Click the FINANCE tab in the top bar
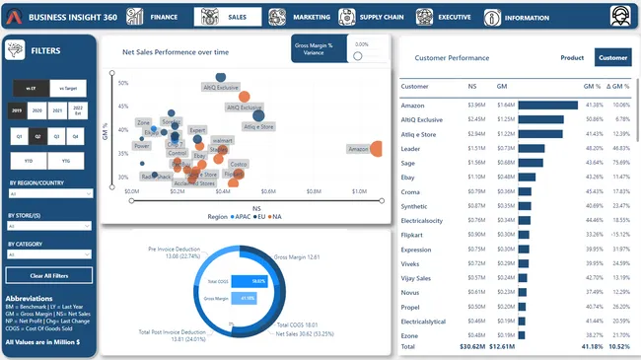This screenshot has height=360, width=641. (x=157, y=17)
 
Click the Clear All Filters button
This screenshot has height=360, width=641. (x=49, y=275)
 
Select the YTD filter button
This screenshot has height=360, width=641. (x=31, y=159)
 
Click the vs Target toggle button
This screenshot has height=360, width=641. (x=70, y=88)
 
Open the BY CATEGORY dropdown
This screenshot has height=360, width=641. (x=49, y=254)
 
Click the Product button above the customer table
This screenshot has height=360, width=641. (x=572, y=58)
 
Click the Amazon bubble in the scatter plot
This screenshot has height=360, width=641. (x=376, y=149)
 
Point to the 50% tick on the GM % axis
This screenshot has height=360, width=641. (x=123, y=83)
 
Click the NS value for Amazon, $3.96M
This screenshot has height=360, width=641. (x=476, y=104)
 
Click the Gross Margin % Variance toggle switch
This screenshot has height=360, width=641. (x=360, y=55)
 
